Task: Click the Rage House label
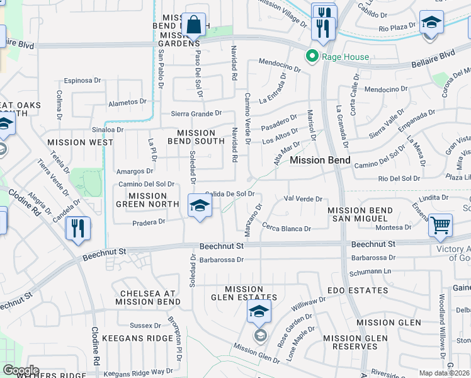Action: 345,57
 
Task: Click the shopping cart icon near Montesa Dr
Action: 440,225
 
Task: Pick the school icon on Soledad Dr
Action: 200,206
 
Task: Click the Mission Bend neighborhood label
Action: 320,160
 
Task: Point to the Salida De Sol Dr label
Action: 229,194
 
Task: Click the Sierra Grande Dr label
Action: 196,113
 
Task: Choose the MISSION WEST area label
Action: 80,142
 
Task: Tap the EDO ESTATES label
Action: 358,290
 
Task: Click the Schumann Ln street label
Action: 370,271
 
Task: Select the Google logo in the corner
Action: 21,370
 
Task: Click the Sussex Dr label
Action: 145,326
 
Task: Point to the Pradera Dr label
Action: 149,222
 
